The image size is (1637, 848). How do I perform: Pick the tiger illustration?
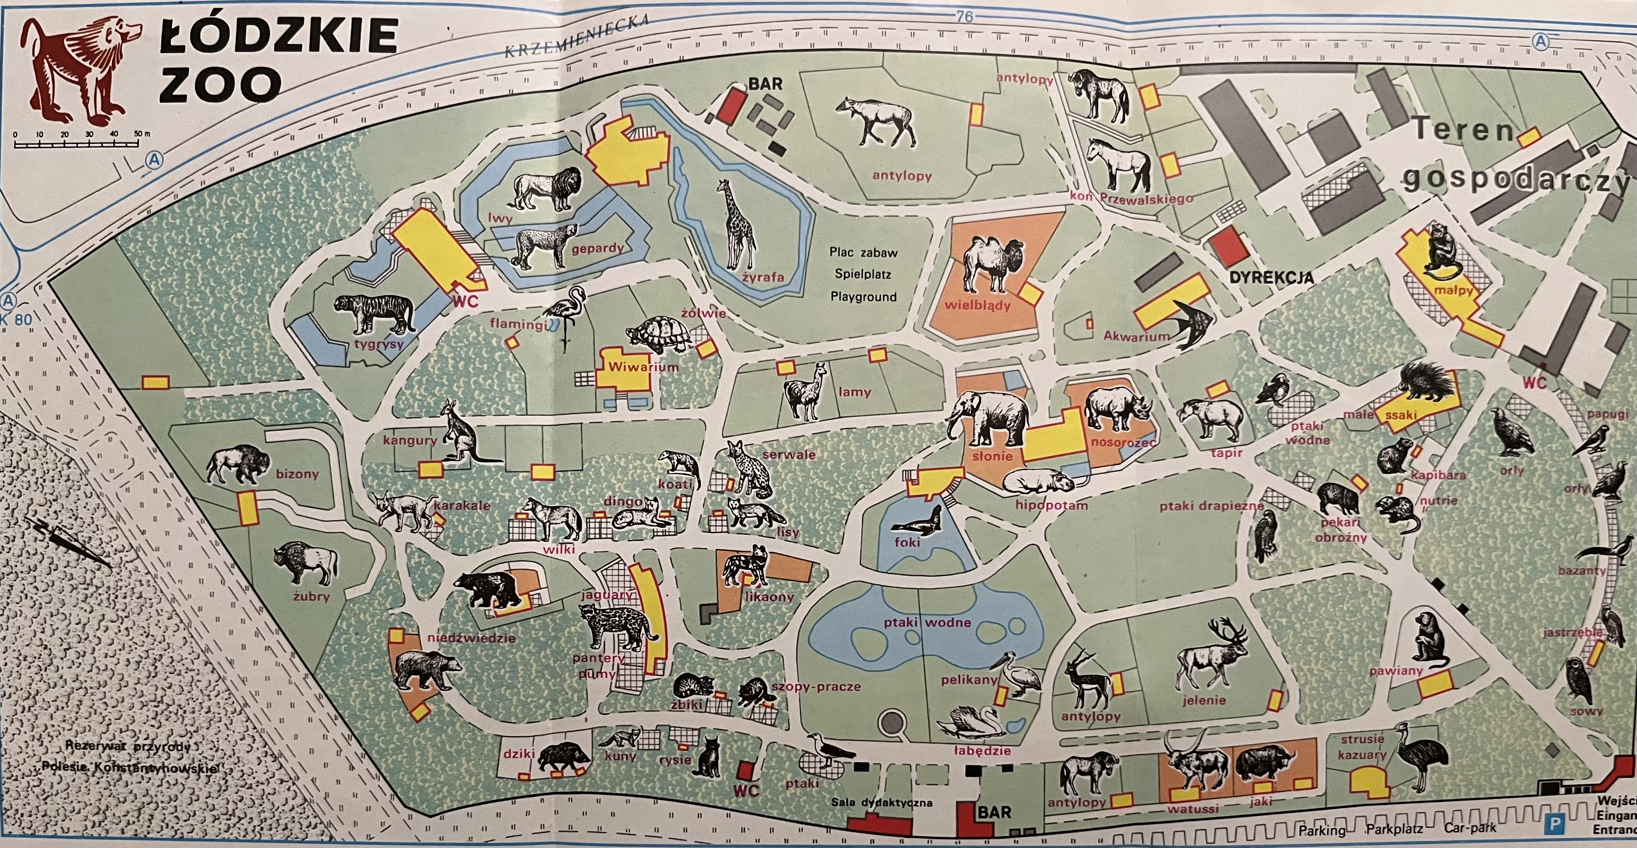(x=375, y=314)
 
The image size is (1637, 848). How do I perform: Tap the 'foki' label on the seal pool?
(x=907, y=542)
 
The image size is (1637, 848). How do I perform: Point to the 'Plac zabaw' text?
(x=863, y=252)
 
